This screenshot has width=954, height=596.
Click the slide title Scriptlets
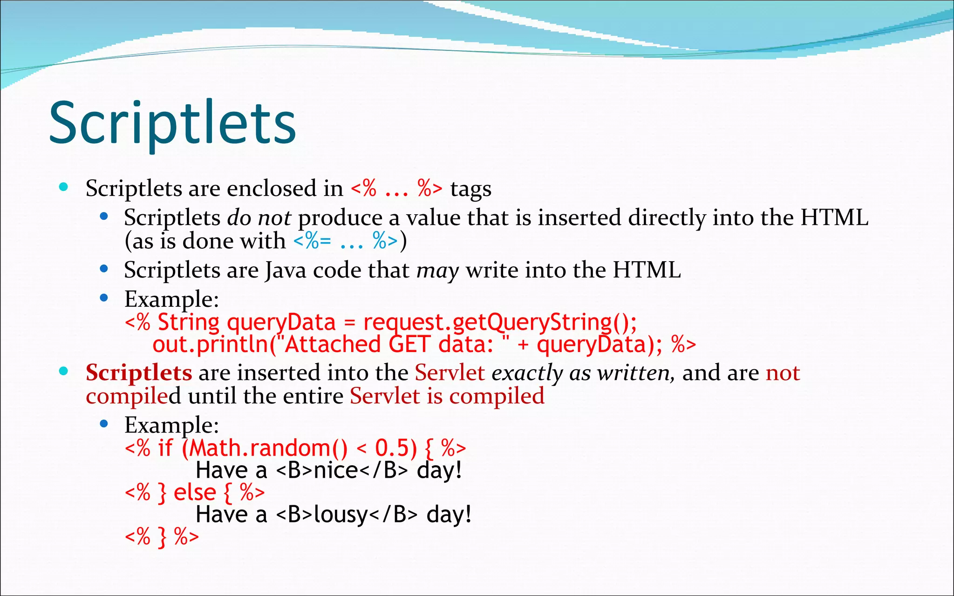click(x=172, y=123)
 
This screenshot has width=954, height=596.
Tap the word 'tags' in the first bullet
click(x=470, y=189)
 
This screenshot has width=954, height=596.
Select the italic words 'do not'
click(x=259, y=218)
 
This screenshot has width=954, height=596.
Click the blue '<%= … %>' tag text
click(x=346, y=241)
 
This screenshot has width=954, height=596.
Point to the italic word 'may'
click(x=437, y=271)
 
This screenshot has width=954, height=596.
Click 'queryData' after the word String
click(x=281, y=323)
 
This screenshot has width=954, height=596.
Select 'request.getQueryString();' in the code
click(x=500, y=323)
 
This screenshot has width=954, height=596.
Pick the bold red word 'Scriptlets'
click(x=138, y=373)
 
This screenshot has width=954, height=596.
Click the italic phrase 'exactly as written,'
click(x=583, y=373)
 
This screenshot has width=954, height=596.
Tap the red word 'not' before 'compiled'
click(x=783, y=373)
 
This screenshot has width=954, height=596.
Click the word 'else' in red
click(x=195, y=493)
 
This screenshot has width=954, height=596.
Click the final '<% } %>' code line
click(x=162, y=537)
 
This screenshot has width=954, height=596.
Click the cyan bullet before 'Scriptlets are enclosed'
click(x=64, y=188)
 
